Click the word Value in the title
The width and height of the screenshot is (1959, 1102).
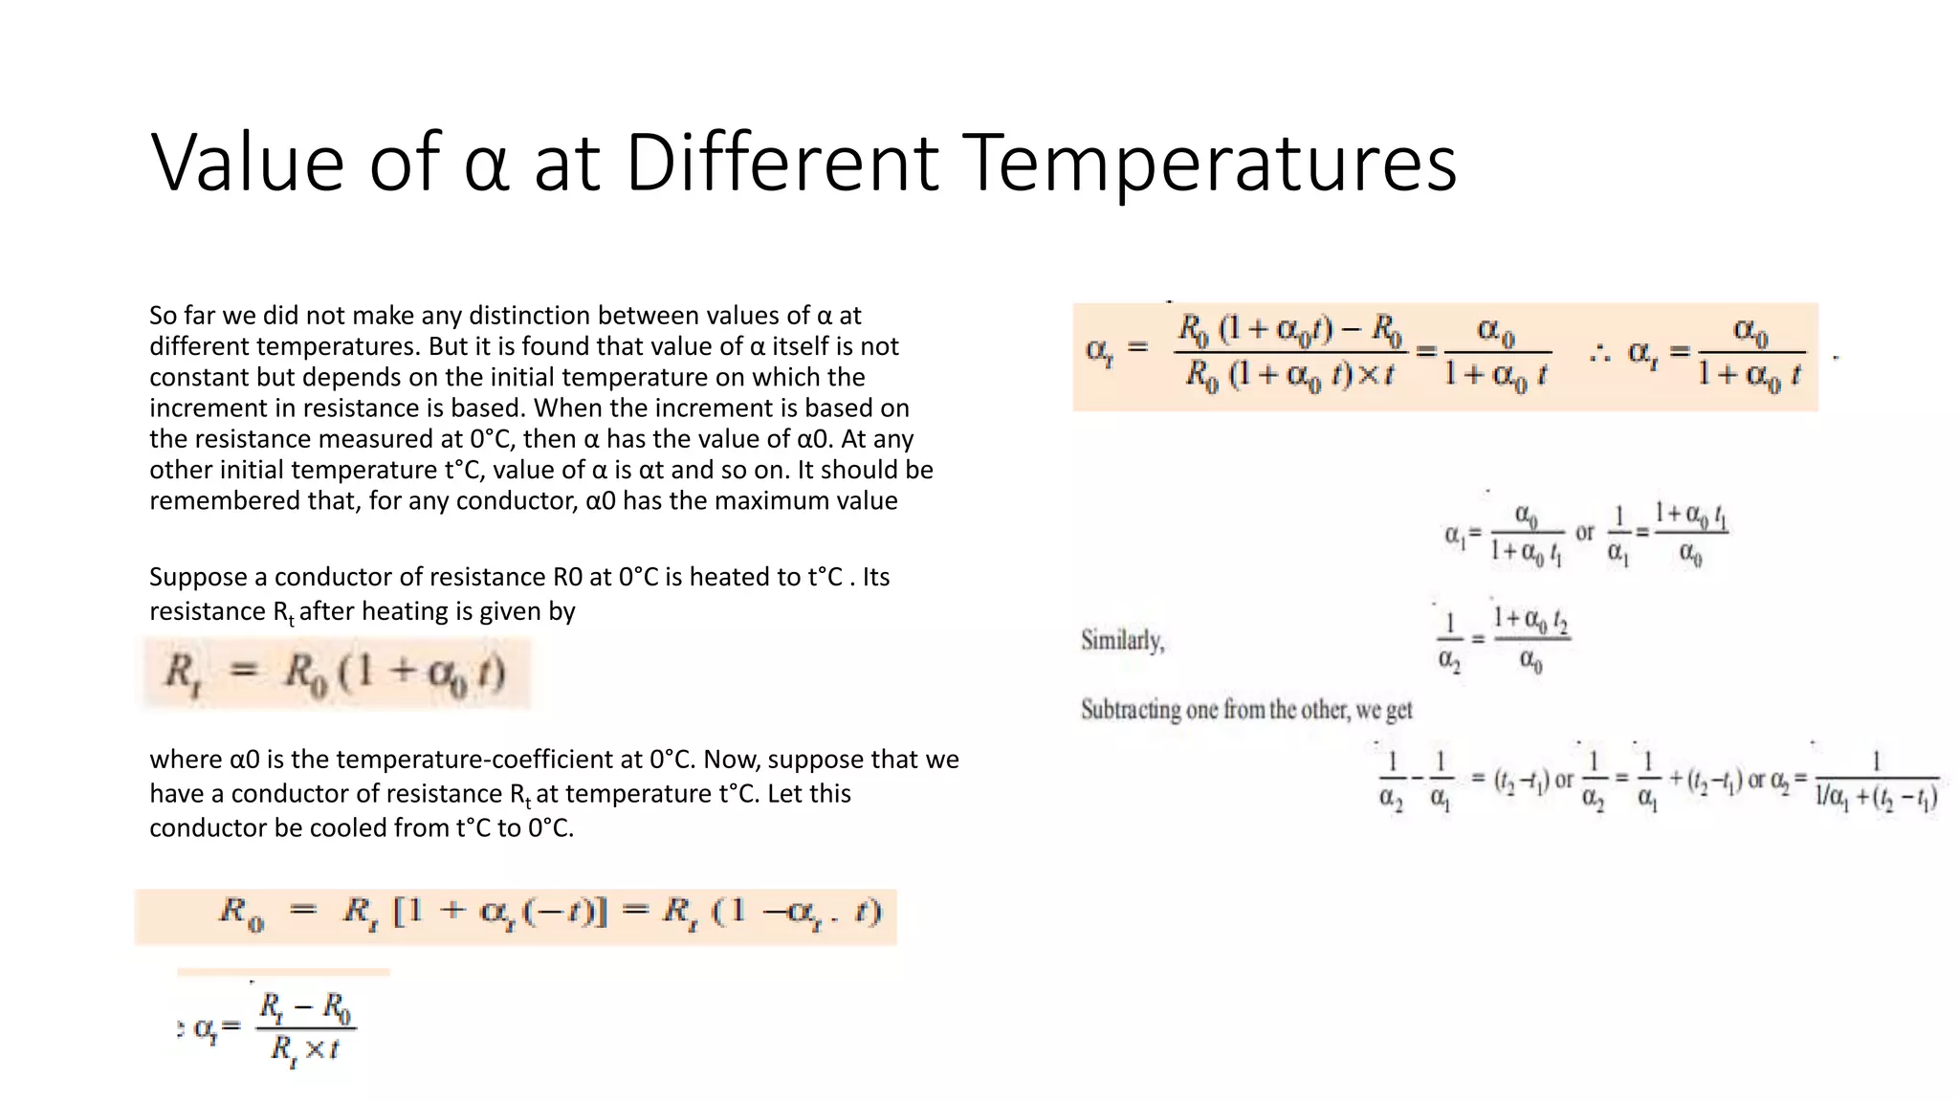click(247, 163)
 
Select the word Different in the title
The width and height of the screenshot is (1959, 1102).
click(782, 163)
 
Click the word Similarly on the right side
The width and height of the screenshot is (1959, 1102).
click(1122, 640)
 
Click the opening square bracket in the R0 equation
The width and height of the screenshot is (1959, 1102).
click(402, 911)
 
